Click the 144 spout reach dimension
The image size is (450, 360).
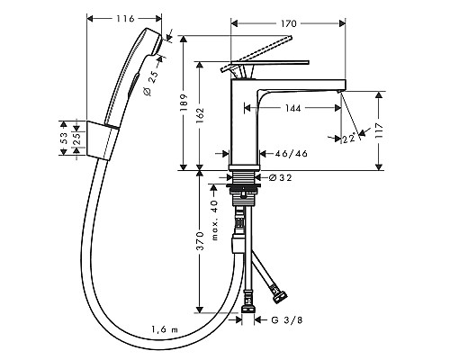tap(287, 107)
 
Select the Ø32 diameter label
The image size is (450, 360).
tap(282, 178)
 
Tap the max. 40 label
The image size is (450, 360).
tap(214, 216)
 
